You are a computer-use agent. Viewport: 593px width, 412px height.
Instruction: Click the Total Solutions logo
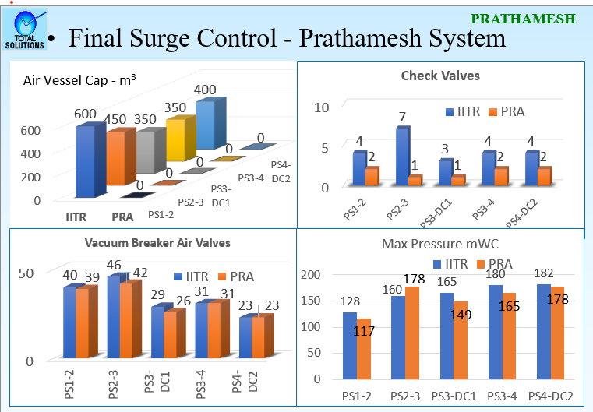25,30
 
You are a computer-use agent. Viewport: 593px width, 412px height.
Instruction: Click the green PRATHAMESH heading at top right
524,17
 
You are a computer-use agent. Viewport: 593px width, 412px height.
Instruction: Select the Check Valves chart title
440,76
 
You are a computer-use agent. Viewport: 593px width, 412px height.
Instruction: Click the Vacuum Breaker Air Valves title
157,243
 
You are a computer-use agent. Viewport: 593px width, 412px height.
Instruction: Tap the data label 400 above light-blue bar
205,90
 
